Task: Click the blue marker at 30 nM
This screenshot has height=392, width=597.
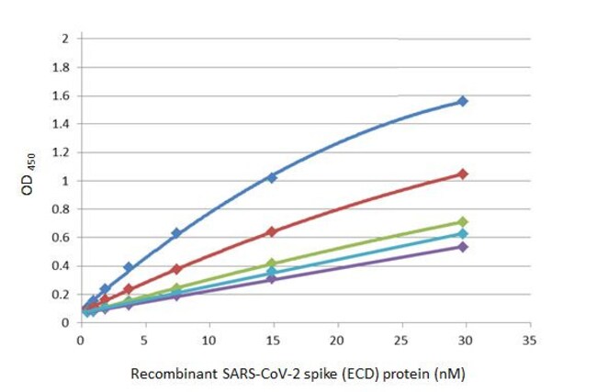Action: [x=463, y=101]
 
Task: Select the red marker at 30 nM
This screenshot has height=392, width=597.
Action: [x=463, y=174]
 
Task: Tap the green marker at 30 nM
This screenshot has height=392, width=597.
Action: [x=463, y=222]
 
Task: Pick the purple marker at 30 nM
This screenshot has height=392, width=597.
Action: [x=463, y=247]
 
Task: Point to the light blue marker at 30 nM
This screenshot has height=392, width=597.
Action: [x=463, y=234]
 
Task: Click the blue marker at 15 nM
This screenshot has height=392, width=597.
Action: [x=271, y=177]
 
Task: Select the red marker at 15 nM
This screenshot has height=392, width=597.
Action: [x=271, y=231]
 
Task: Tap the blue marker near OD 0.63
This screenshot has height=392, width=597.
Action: [x=176, y=233]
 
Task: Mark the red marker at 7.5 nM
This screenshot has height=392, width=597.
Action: [x=176, y=269]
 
